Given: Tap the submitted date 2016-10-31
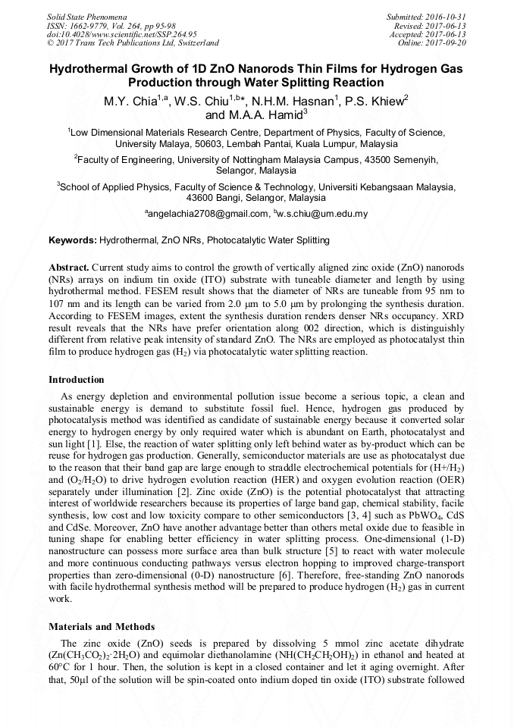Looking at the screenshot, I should point(446,16).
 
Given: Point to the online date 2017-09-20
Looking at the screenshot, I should point(446,43).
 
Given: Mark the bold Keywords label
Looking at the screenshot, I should point(73,240).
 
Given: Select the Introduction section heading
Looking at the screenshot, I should point(77,379).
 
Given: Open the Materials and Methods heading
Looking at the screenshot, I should point(102,627).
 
